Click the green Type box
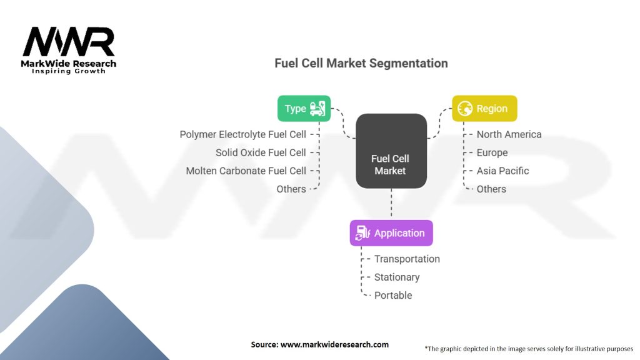[304, 109]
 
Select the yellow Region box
[484, 109]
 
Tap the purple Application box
[391, 233]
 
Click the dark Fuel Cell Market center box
[391, 151]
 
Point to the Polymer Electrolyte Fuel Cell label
[243, 134]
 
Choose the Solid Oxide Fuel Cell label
[261, 152]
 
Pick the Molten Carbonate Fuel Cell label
[246, 171]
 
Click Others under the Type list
[291, 189]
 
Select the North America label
[509, 134]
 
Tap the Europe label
[492, 152]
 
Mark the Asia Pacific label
[503, 171]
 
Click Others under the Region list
[491, 189]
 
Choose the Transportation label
[407, 259]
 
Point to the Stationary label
[397, 277]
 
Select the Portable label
[393, 295]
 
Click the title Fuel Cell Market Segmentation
[361, 63]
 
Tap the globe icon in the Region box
[465, 109]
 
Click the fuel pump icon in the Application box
[362, 233]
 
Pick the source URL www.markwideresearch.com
[335, 344]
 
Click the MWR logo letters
[69, 42]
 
